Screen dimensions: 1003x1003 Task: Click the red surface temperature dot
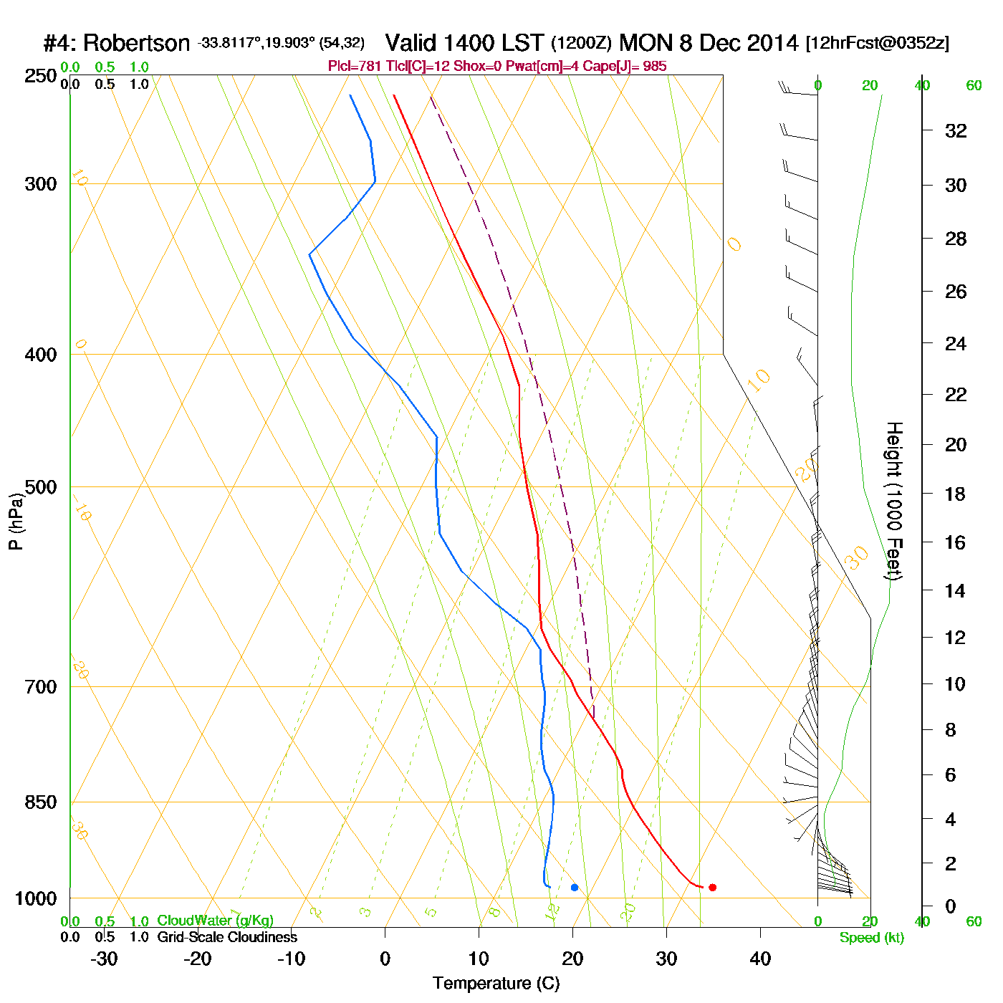(712, 887)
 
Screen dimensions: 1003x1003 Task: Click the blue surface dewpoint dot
(575, 887)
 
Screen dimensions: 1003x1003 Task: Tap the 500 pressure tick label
(41, 487)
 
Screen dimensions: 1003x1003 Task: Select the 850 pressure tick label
(41, 802)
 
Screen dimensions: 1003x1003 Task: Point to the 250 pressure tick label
(41, 75)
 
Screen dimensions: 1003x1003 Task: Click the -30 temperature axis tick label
(104, 959)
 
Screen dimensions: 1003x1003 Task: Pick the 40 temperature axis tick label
(760, 959)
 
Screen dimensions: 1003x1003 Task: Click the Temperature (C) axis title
(496, 984)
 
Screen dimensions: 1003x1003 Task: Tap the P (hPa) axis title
(16, 521)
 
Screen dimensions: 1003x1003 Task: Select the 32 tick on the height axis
(956, 130)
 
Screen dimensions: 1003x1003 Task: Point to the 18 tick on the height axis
(956, 494)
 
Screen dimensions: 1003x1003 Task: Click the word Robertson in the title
(136, 43)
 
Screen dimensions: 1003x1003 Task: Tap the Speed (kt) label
(872, 938)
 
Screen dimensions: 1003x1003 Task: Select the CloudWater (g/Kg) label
(215, 921)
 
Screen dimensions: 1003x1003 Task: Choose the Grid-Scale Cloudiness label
(227, 937)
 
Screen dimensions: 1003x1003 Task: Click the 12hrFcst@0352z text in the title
(878, 43)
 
